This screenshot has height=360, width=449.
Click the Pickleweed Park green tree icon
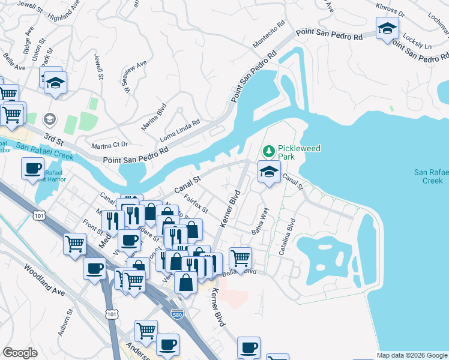pyautogui.click(x=270, y=149)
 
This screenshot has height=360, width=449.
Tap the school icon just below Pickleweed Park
pyautogui.click(x=270, y=172)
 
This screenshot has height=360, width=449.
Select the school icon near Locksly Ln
pyautogui.click(x=387, y=28)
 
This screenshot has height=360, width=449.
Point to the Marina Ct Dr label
pyautogui.click(x=110, y=145)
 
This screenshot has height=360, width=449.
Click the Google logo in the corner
pyautogui.click(x=20, y=353)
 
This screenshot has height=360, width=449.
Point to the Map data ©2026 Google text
pyautogui.click(x=412, y=355)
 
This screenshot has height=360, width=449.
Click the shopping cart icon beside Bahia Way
pyautogui.click(x=240, y=258)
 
